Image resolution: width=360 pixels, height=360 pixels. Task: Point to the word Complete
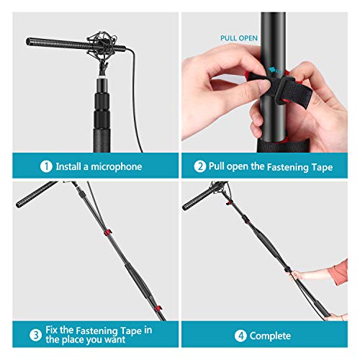(271, 336)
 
